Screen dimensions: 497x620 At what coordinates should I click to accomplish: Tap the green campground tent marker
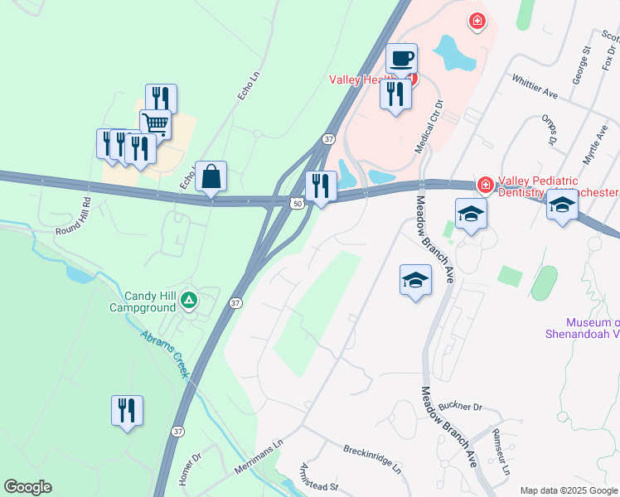click(189, 300)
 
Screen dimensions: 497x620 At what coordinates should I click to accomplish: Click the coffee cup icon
click(401, 59)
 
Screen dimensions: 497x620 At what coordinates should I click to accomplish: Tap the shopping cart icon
click(155, 124)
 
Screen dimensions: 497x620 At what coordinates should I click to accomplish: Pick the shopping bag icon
click(211, 176)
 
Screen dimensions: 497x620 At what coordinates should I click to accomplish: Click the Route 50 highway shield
click(296, 203)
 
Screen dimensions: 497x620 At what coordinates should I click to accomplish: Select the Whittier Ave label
click(535, 89)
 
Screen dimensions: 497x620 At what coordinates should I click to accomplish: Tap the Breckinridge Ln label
click(372, 458)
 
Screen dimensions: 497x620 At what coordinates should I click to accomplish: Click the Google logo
click(27, 487)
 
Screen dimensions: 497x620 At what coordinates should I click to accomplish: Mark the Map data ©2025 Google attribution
click(569, 490)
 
